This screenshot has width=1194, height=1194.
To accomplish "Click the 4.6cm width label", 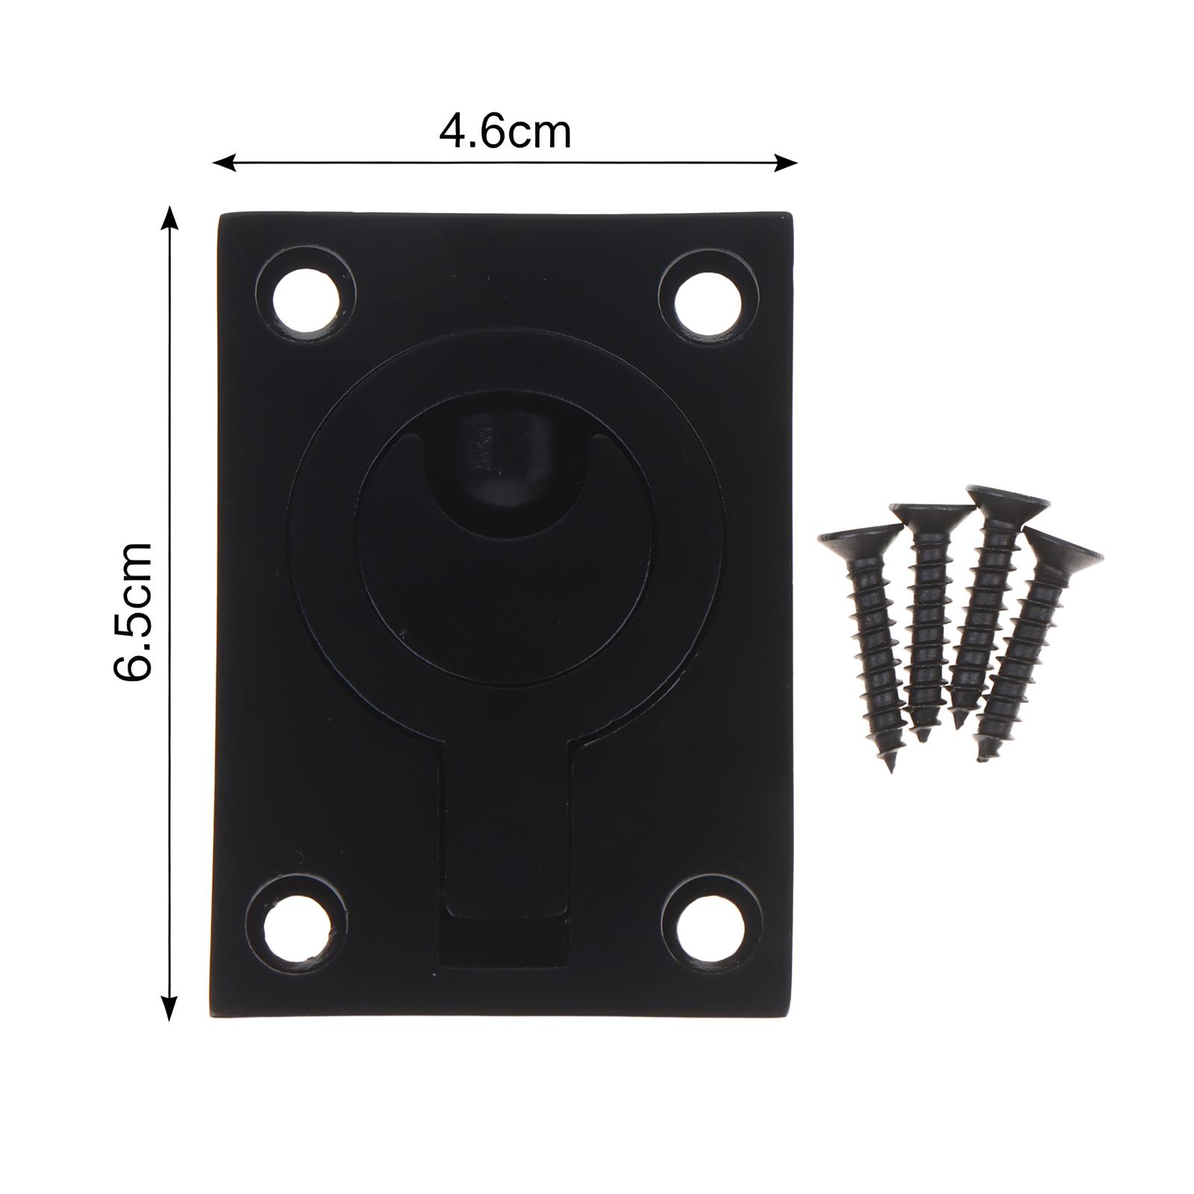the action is (505, 133).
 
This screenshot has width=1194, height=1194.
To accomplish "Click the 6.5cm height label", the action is (133, 611).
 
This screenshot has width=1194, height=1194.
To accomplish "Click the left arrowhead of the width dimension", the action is (224, 162).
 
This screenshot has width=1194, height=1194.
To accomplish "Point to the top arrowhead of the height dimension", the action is (171, 218).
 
